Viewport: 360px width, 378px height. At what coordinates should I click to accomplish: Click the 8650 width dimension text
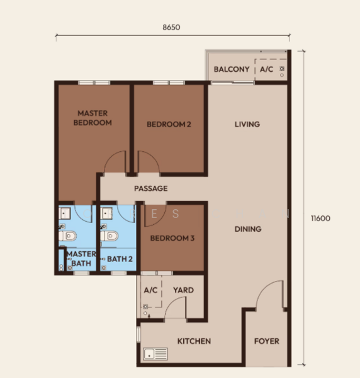[171, 27]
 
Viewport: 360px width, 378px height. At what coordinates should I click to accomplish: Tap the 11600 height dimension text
[320, 219]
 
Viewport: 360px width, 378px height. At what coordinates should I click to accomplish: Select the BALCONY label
[232, 69]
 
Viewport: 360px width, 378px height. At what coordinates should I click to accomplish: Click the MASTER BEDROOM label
[93, 118]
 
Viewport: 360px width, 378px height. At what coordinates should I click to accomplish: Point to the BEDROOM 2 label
[169, 124]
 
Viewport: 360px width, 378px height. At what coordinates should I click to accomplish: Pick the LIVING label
[247, 124]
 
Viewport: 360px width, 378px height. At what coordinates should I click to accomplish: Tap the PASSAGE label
[151, 188]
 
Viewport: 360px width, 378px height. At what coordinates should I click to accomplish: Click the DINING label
[248, 229]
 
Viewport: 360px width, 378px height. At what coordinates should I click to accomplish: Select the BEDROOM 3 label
[172, 238]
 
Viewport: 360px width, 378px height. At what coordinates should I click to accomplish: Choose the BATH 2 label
[120, 259]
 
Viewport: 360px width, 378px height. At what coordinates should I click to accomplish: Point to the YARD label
[184, 290]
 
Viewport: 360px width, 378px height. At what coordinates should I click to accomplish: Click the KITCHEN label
[194, 341]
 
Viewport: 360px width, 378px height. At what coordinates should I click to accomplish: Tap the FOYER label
[267, 341]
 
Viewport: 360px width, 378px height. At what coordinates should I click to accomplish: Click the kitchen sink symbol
[155, 354]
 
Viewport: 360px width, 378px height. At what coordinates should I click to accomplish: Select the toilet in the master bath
[68, 236]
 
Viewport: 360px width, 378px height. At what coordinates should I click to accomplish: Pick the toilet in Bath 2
[109, 236]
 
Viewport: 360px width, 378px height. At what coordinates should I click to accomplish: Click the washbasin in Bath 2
[106, 214]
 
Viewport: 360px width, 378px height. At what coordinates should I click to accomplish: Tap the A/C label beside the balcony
[267, 69]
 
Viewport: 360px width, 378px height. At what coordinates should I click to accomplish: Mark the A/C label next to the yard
[150, 290]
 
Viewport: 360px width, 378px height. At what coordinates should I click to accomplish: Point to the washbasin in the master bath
[65, 214]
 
